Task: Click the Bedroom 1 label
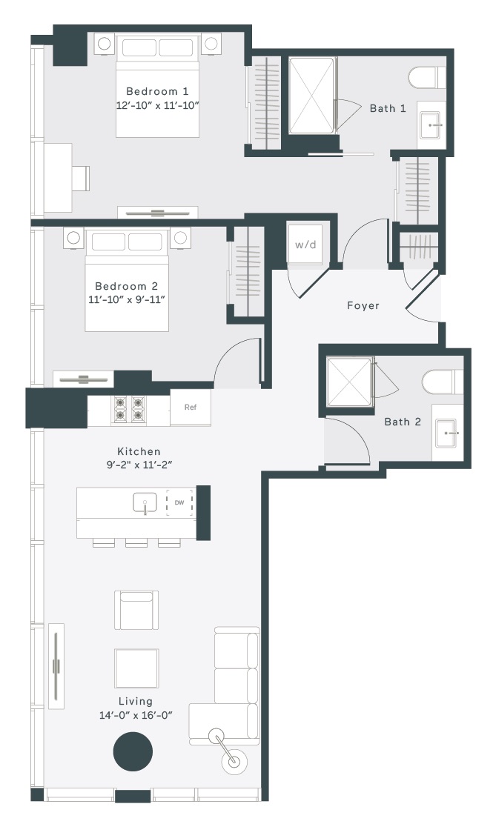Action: coord(157,91)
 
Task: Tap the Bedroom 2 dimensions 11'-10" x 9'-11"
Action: coord(127,300)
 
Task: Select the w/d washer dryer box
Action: coord(305,245)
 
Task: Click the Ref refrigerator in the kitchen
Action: coord(191,408)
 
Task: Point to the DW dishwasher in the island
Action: coord(179,503)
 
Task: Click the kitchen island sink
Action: coord(145,503)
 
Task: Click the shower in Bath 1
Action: coord(312,95)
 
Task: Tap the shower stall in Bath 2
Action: coord(350,382)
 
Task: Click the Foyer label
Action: coord(363,305)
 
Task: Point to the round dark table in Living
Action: coord(133,751)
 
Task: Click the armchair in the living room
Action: coord(136,610)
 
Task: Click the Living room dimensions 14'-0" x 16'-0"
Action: coord(136,715)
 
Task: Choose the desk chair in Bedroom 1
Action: coord(81,178)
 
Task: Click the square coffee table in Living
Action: coord(136,668)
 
